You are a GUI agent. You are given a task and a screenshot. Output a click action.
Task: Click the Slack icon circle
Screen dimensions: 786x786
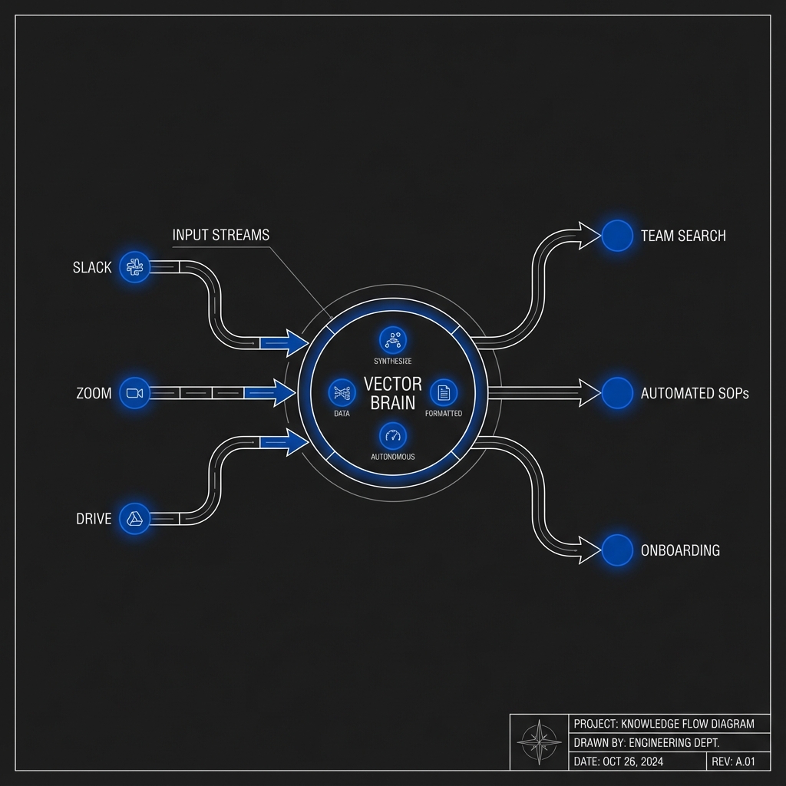(135, 267)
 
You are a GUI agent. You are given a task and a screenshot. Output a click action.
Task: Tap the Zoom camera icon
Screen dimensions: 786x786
(135, 393)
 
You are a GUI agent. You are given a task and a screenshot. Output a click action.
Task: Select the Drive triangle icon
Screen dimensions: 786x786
(135, 519)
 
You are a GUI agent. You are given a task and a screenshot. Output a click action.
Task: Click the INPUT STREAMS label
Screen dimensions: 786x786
(221, 236)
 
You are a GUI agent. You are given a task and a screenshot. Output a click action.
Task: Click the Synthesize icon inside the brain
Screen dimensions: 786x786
(394, 339)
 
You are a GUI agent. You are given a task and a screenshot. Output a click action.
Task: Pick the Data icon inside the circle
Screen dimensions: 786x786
(342, 392)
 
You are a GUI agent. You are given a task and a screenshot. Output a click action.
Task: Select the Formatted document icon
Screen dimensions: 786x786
(443, 392)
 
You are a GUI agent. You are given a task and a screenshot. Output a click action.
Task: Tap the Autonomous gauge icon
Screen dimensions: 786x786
(393, 435)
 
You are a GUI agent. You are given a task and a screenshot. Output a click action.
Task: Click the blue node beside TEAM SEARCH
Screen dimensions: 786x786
(616, 236)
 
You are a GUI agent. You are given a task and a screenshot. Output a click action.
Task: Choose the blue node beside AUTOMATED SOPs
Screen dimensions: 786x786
(616, 393)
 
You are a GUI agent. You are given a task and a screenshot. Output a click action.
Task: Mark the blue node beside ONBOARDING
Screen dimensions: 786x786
(616, 550)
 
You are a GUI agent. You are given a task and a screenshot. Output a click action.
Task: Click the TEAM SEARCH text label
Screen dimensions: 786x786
(683, 236)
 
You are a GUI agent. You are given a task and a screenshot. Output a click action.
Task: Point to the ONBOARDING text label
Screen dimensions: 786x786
(680, 550)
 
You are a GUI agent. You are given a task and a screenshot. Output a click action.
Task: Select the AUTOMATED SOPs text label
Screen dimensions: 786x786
(695, 394)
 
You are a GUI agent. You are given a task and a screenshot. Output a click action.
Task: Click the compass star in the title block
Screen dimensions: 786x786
(540, 742)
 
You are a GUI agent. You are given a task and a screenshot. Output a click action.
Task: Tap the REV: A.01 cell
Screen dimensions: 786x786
(736, 761)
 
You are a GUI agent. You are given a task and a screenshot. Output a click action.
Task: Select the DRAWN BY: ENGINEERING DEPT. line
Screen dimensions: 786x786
(646, 742)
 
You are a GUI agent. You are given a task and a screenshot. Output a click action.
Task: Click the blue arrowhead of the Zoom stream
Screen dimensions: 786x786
(284, 393)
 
